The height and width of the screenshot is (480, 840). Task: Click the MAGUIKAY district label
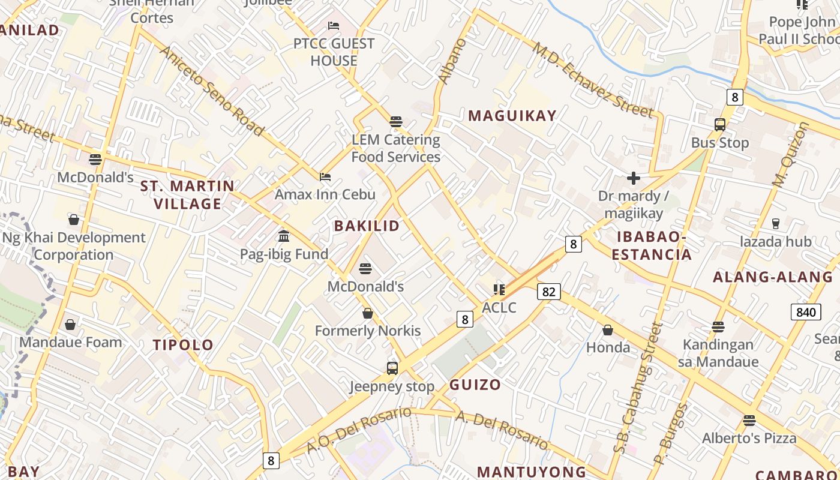coord(512,116)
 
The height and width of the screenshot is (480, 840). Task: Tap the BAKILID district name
coord(367,226)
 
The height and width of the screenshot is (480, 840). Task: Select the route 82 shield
coord(548,292)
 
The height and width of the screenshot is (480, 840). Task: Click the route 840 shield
coord(806,312)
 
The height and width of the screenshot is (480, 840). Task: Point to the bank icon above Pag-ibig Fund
coord(284,236)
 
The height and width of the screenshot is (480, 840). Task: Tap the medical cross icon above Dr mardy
coord(633,178)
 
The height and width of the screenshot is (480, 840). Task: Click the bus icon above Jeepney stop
coord(392,368)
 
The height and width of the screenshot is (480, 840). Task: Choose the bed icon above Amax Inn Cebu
coord(325,176)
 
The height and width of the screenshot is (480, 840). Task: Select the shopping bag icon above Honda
coord(608,330)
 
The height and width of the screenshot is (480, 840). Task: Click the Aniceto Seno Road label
coord(211,90)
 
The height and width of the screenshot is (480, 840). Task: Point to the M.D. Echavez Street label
coord(592,80)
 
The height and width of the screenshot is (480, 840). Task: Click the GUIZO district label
coord(475,385)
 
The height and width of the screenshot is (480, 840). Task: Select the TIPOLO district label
coord(183,345)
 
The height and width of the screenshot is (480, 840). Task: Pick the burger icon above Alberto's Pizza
coord(749,420)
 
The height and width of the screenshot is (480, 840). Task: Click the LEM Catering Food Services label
coord(395,148)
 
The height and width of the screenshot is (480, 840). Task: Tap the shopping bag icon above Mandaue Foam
coord(70,325)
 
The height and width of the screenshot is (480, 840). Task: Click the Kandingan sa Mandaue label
coord(718,353)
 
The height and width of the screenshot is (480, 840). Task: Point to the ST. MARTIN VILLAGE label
coord(187,194)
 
